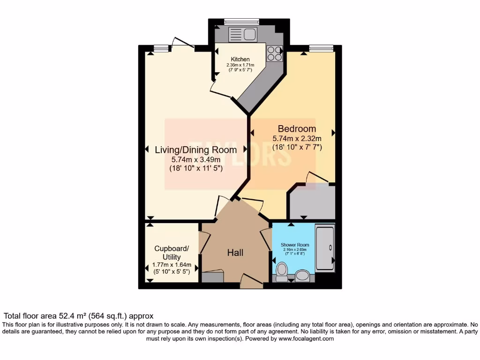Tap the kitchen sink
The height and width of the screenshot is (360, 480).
242,34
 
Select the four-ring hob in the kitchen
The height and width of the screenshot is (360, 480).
275,54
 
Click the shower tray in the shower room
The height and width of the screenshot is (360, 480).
325,248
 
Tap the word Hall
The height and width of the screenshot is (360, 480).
235,253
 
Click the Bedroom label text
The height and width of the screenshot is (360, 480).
297,128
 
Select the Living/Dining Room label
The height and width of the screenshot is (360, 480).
195,150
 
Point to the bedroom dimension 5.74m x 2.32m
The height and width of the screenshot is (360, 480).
297,138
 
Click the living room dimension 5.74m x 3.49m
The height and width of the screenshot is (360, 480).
195,160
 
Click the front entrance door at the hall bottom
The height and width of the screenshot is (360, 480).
251,282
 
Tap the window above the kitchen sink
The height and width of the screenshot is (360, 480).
242,22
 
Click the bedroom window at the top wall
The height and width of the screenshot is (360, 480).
321,47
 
